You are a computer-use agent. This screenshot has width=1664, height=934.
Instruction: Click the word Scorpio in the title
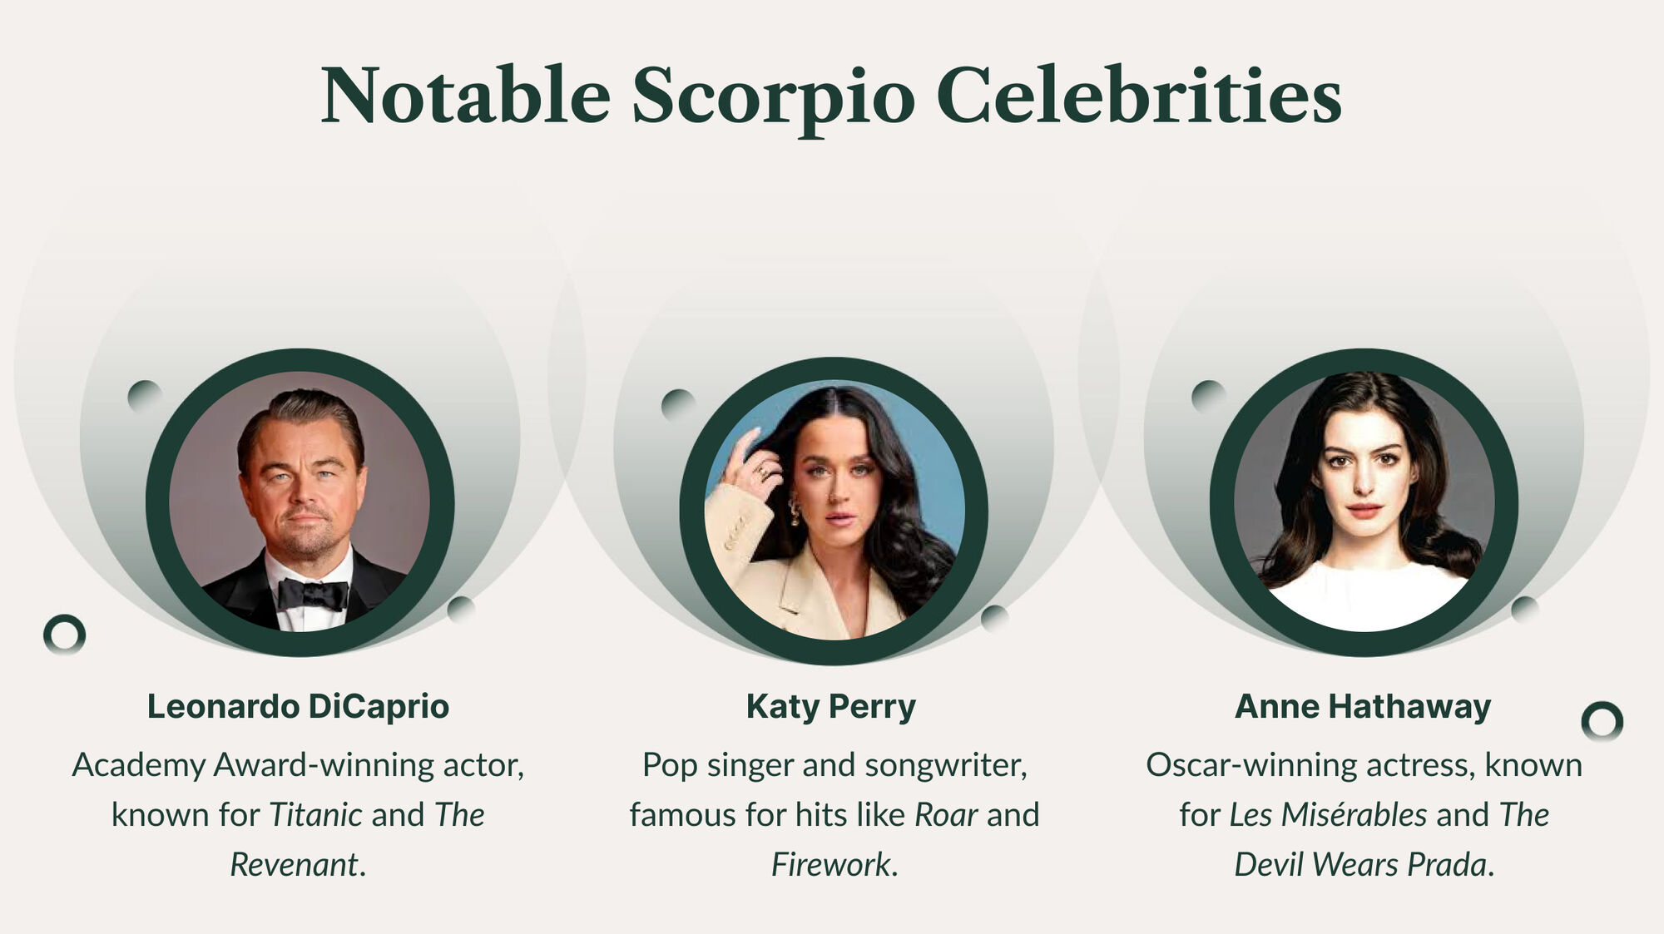click(x=773, y=98)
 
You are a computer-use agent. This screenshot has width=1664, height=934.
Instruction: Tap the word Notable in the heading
click(x=466, y=95)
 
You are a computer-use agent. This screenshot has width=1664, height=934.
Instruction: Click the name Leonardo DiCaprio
click(x=298, y=706)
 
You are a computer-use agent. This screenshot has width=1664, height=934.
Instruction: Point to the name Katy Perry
click(x=830, y=707)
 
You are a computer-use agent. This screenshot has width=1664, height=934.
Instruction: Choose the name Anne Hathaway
click(x=1363, y=707)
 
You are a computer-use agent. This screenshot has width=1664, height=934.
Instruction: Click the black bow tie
click(x=312, y=594)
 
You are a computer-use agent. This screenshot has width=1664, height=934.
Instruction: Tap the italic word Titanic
click(x=315, y=814)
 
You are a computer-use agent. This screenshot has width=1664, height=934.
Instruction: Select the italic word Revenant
click(x=294, y=864)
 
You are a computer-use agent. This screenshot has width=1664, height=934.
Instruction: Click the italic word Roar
click(x=946, y=814)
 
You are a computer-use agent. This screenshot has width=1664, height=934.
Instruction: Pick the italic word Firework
click(x=830, y=864)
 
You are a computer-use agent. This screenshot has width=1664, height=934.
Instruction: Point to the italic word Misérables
click(x=1354, y=814)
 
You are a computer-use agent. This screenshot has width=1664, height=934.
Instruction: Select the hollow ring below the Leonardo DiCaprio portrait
click(x=64, y=635)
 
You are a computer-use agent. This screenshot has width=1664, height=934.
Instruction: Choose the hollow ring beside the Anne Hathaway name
click(x=1602, y=722)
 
